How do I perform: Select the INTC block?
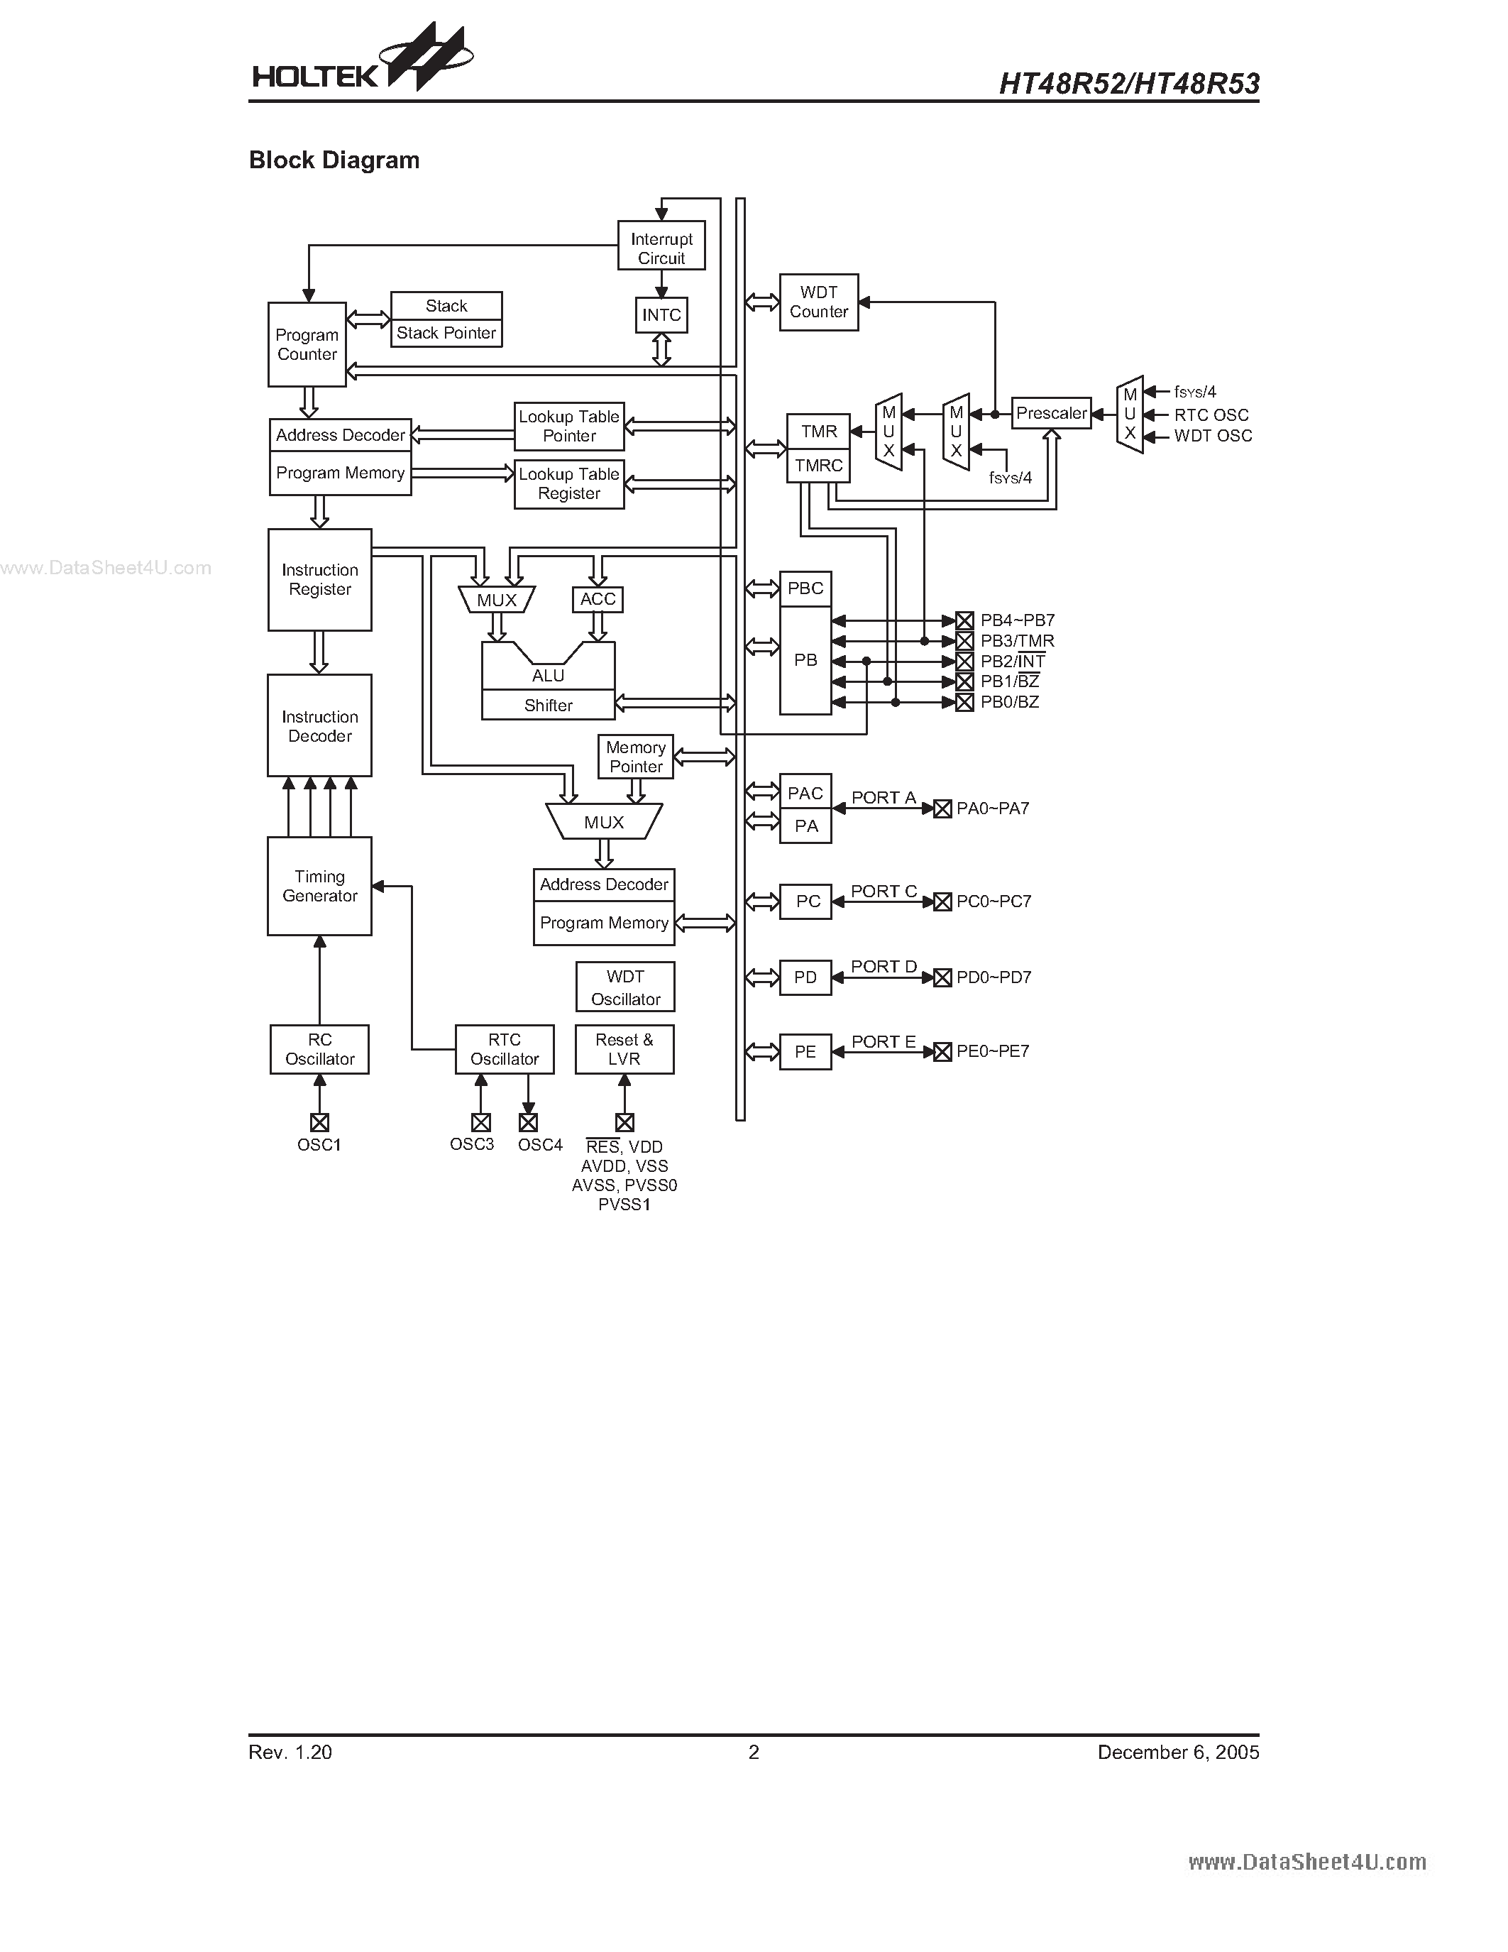(x=661, y=314)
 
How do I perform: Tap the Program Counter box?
(x=307, y=344)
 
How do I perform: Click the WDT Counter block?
(x=818, y=302)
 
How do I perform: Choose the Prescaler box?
(x=1052, y=413)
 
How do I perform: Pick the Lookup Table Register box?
(x=569, y=483)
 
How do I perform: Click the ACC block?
(x=598, y=599)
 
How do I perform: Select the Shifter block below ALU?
(x=548, y=705)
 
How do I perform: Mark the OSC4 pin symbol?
(x=528, y=1123)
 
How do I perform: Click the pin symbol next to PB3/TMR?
(x=964, y=641)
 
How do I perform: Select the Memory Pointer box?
(x=635, y=756)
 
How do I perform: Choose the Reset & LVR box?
(x=624, y=1049)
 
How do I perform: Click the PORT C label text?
(x=884, y=891)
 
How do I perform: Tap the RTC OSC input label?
(x=1211, y=415)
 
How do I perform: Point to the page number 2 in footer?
(x=753, y=1752)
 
